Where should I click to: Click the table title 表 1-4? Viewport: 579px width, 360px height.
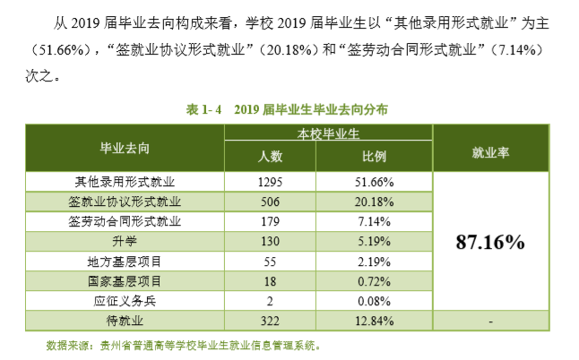205,108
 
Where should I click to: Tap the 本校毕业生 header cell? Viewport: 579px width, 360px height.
327,134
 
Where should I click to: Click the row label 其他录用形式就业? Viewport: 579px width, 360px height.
125,181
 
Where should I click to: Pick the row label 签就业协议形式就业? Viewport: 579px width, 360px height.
125,201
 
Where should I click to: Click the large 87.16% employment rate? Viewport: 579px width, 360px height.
490,242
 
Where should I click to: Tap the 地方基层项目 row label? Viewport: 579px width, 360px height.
125,261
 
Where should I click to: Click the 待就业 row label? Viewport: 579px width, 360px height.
125,321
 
